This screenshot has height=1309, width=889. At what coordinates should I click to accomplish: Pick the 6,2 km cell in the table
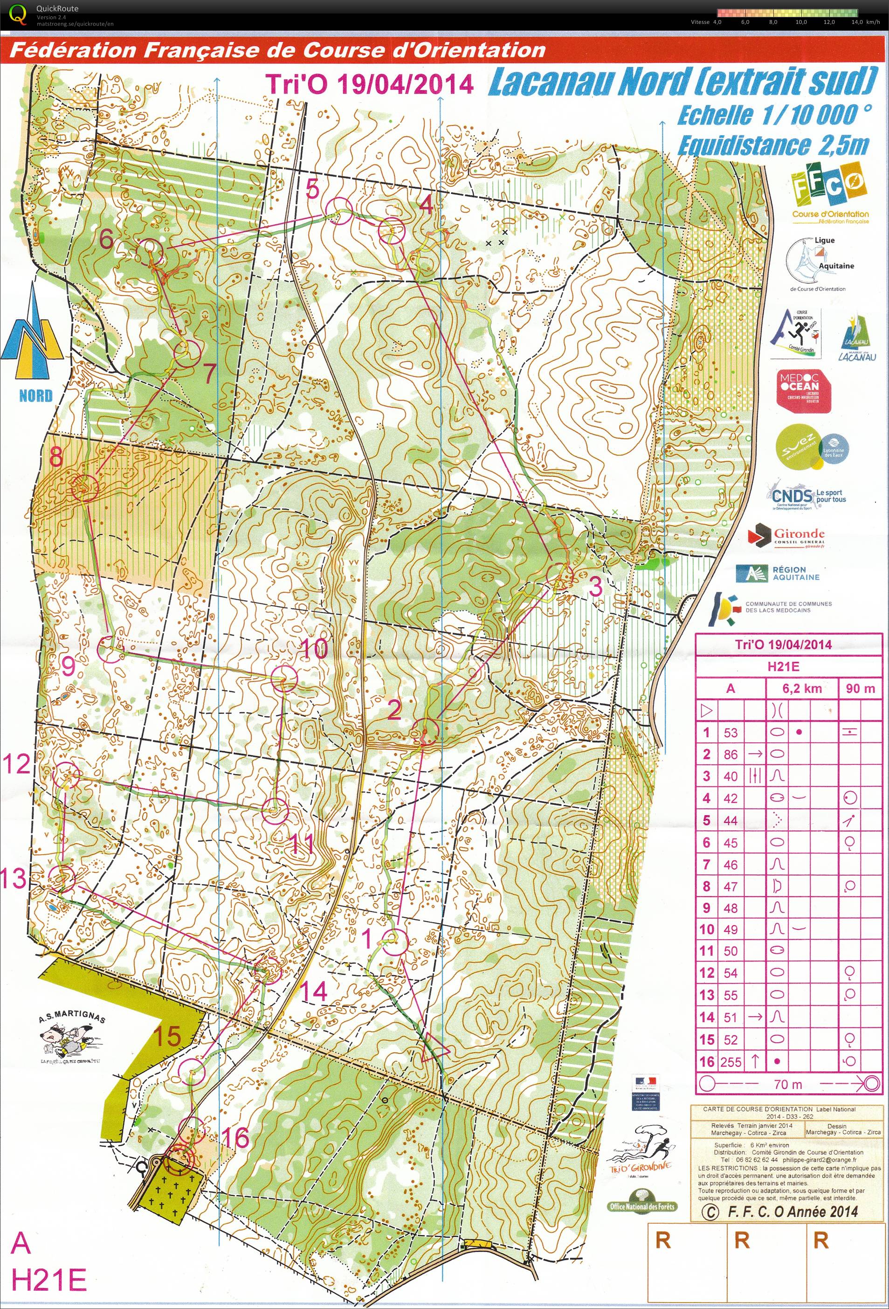[x=802, y=688]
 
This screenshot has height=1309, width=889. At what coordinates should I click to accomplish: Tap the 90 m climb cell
[x=860, y=688]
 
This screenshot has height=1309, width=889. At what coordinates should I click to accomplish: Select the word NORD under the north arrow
[x=35, y=395]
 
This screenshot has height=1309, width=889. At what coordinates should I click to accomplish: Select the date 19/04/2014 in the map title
[x=404, y=84]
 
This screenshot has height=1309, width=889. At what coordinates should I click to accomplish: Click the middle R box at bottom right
[x=742, y=1240]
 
